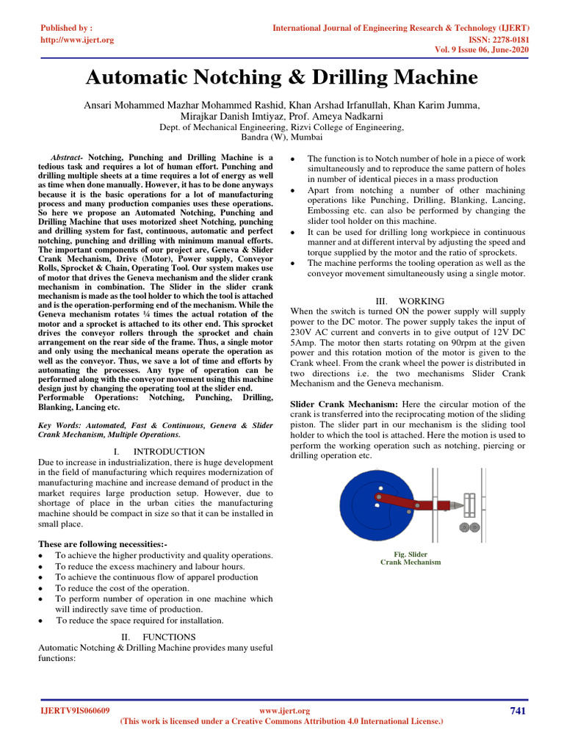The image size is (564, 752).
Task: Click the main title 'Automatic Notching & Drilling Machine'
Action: click(282, 78)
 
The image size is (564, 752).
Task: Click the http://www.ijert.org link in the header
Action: click(77, 40)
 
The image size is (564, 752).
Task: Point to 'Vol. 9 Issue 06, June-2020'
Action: click(478, 51)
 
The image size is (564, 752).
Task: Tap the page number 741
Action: click(518, 710)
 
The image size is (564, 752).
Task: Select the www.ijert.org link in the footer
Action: click(286, 711)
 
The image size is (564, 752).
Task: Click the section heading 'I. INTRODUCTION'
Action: click(159, 451)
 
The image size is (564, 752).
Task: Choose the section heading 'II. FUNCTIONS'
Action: click(158, 637)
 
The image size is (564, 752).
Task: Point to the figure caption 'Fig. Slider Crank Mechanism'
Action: click(410, 558)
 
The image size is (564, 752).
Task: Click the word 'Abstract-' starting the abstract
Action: click(68, 158)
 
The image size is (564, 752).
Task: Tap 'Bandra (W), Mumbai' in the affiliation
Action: click(282, 137)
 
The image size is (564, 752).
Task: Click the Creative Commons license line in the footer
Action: click(281, 722)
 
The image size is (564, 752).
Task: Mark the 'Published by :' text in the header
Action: click(65, 28)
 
